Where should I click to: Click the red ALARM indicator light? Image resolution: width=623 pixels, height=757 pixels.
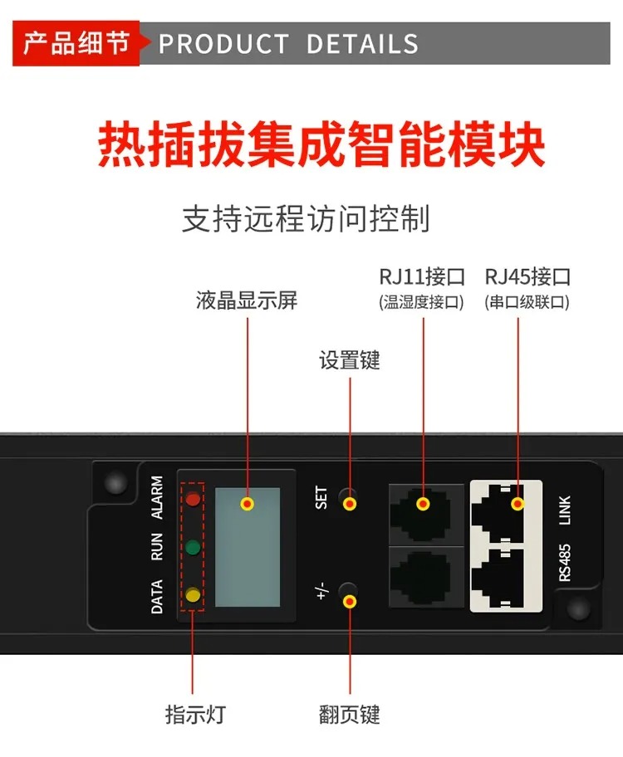point(193,499)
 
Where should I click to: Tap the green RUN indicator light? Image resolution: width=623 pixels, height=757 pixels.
point(193,547)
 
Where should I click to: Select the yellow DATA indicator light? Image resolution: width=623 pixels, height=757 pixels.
point(193,594)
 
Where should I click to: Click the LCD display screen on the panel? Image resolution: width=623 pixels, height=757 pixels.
point(248,547)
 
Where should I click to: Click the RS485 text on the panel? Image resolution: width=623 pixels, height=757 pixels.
point(565,563)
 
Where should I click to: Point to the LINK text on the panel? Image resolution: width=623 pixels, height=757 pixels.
point(565,510)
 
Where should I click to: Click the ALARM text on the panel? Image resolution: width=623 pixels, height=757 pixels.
point(157,497)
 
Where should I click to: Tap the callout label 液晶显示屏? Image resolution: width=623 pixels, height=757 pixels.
point(247,300)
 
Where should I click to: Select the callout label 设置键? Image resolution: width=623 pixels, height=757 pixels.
point(350,360)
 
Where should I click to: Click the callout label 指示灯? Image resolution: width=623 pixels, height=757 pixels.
point(195,714)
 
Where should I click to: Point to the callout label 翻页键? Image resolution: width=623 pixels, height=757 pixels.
point(350,715)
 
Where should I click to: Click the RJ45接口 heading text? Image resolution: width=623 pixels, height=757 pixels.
point(527,276)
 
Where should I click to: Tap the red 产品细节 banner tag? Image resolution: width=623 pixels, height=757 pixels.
point(76,43)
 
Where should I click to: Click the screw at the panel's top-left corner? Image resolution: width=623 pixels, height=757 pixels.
point(115,483)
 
